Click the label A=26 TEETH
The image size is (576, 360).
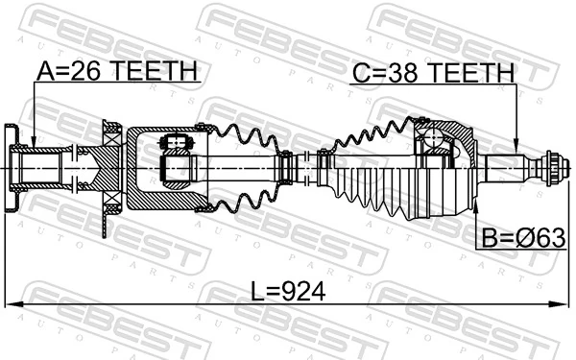[x=116, y=70]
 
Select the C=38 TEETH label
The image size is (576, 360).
[x=431, y=70]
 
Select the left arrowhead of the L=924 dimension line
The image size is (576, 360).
[x=11, y=306]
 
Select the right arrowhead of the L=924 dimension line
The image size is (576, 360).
[x=563, y=306]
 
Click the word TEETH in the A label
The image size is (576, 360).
[x=158, y=70]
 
